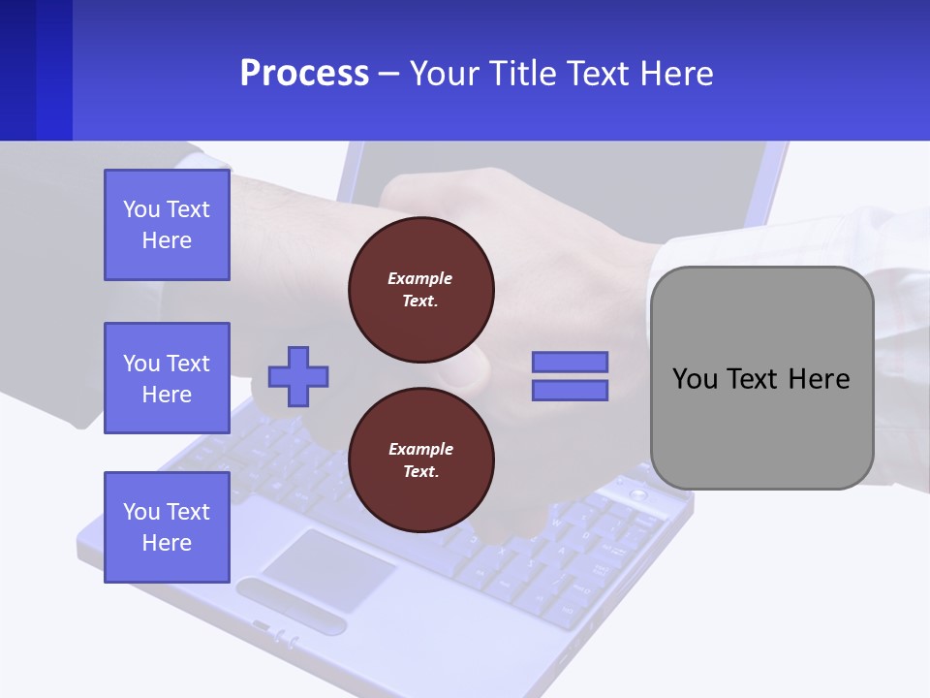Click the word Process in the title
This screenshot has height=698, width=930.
[304, 74]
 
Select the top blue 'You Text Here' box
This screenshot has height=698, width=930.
[167, 225]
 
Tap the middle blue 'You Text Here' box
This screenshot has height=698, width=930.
[167, 378]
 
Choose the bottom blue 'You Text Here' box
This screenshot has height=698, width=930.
[167, 527]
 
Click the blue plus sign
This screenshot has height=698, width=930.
[298, 376]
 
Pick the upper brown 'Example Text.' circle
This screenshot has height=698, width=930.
[420, 290]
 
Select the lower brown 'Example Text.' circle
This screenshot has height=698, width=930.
[420, 460]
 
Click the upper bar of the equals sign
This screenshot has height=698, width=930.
[570, 363]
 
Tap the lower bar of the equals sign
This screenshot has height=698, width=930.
[570, 391]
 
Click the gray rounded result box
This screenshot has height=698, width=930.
[761, 427]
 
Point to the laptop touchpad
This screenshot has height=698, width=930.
[329, 571]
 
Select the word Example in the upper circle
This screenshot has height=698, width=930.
[420, 278]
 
